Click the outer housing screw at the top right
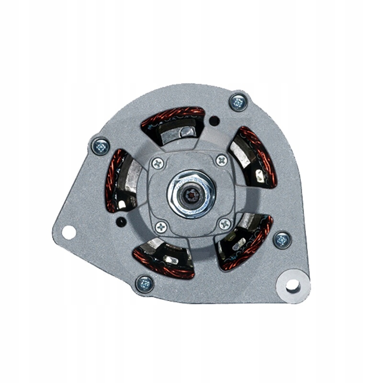238,102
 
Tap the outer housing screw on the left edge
101,146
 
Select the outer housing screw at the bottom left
145,283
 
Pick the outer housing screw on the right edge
282,239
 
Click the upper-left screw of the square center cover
158,164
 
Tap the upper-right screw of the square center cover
222,160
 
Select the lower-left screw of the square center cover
161,226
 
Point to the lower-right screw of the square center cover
225,223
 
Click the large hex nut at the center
191,193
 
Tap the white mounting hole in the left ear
69,233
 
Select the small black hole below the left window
122,222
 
